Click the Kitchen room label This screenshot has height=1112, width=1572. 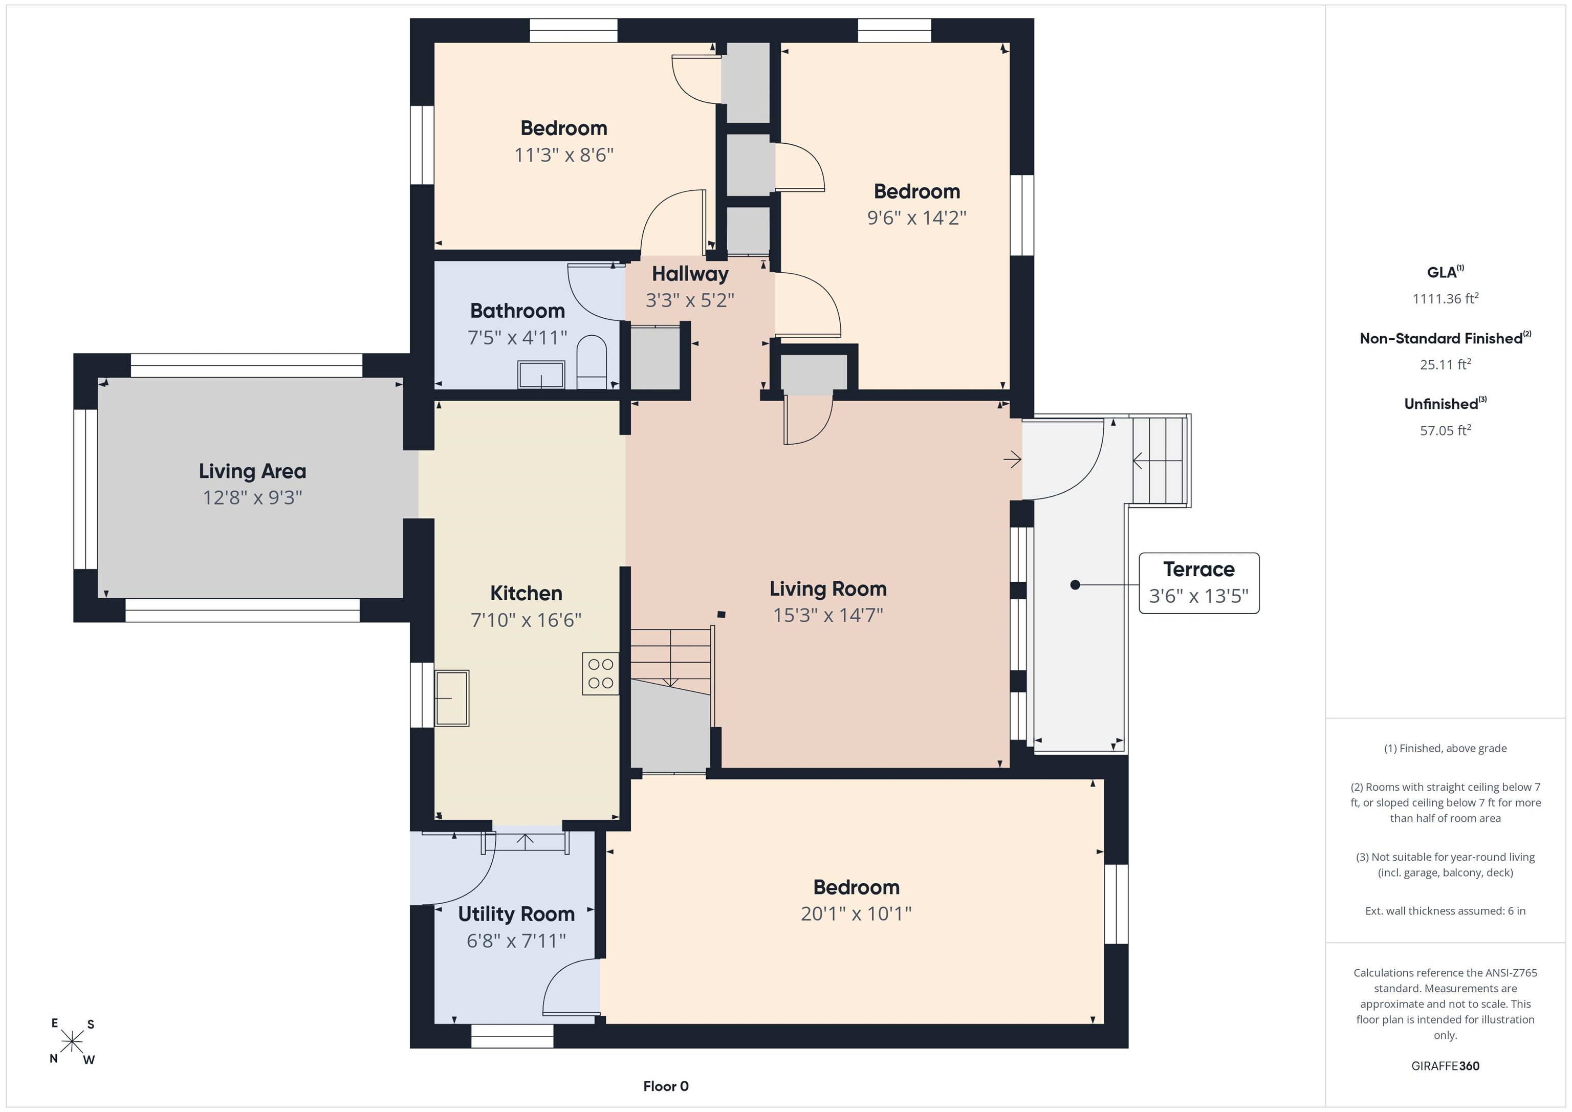point(526,593)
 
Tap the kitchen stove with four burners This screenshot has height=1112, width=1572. point(600,674)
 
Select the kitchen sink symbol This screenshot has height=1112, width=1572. point(452,697)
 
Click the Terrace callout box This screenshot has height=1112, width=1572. point(1199,583)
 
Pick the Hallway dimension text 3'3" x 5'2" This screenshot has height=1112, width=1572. point(689,300)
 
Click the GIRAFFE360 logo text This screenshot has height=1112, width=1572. point(1445,1066)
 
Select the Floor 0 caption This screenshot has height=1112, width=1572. point(666,1086)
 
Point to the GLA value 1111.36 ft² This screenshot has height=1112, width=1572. point(1445,298)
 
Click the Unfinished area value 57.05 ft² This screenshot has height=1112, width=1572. point(1445,430)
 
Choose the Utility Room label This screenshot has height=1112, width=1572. point(516,914)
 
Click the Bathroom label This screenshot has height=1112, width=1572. point(518,311)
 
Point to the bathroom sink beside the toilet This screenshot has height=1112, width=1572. point(541,375)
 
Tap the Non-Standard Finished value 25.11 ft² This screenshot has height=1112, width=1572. point(1445,364)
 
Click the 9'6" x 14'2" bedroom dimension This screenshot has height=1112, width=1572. point(917,218)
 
